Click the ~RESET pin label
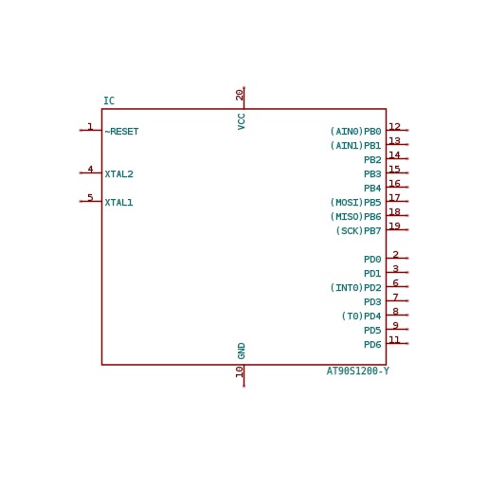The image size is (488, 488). (x=121, y=132)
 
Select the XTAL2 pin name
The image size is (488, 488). (x=118, y=174)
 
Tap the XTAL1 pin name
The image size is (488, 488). (x=118, y=203)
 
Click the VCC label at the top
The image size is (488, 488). (x=242, y=121)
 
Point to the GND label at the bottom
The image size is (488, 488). (x=242, y=351)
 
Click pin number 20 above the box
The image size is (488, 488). (x=240, y=95)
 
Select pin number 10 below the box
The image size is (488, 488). (x=240, y=371)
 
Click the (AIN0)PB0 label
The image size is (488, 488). (x=355, y=132)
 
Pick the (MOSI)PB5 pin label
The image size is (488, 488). (x=355, y=203)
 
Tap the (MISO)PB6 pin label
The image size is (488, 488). (x=355, y=217)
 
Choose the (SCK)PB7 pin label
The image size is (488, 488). (x=358, y=231)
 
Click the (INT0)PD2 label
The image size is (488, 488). (x=355, y=288)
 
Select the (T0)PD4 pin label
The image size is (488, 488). (x=361, y=316)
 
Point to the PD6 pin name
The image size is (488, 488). (x=372, y=345)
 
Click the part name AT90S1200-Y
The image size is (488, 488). (x=358, y=371)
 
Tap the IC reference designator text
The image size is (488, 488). (x=109, y=101)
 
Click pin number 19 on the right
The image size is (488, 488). (x=395, y=226)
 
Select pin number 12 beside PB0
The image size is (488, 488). (x=395, y=126)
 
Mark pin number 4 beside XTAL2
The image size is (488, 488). (x=90, y=169)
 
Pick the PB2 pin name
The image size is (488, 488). (x=372, y=160)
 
